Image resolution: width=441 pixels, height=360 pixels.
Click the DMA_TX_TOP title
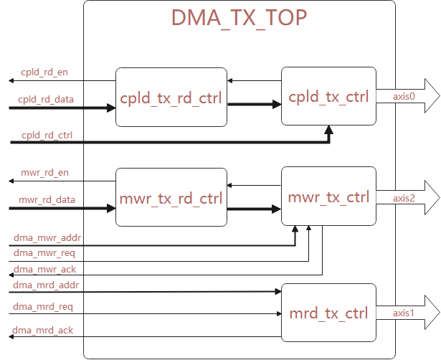coord(240,17)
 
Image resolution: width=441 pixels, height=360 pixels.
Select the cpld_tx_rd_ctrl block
coord(171,98)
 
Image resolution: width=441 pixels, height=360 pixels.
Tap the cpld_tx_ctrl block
coord(328,97)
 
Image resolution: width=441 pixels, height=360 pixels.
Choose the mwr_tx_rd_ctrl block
coord(171,197)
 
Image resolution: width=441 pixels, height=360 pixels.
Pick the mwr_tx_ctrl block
coord(328,196)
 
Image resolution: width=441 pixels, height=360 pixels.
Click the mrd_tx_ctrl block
coord(328,313)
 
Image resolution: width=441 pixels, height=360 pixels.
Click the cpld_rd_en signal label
coord(44,72)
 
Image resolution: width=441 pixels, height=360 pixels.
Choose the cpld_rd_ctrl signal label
coord(47,134)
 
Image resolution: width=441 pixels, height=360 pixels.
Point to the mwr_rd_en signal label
coord(44,173)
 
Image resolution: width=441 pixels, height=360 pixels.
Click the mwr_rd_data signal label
coord(47,199)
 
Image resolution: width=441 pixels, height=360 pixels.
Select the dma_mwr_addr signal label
coord(47,237)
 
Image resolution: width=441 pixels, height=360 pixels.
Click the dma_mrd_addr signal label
coord(46,284)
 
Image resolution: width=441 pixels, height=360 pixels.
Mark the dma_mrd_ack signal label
coord(44,329)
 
